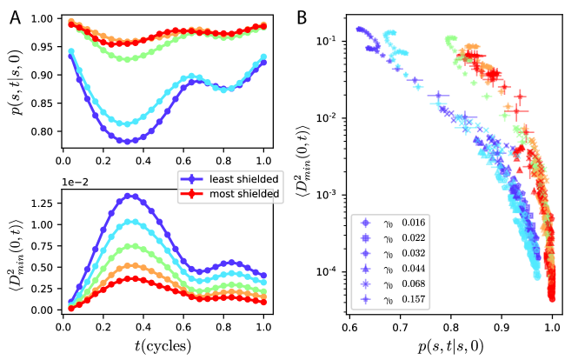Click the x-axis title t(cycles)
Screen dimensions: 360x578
coord(165,341)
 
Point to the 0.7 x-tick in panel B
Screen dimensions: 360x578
coord(401,328)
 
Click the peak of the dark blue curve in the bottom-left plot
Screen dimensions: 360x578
coord(130,196)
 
